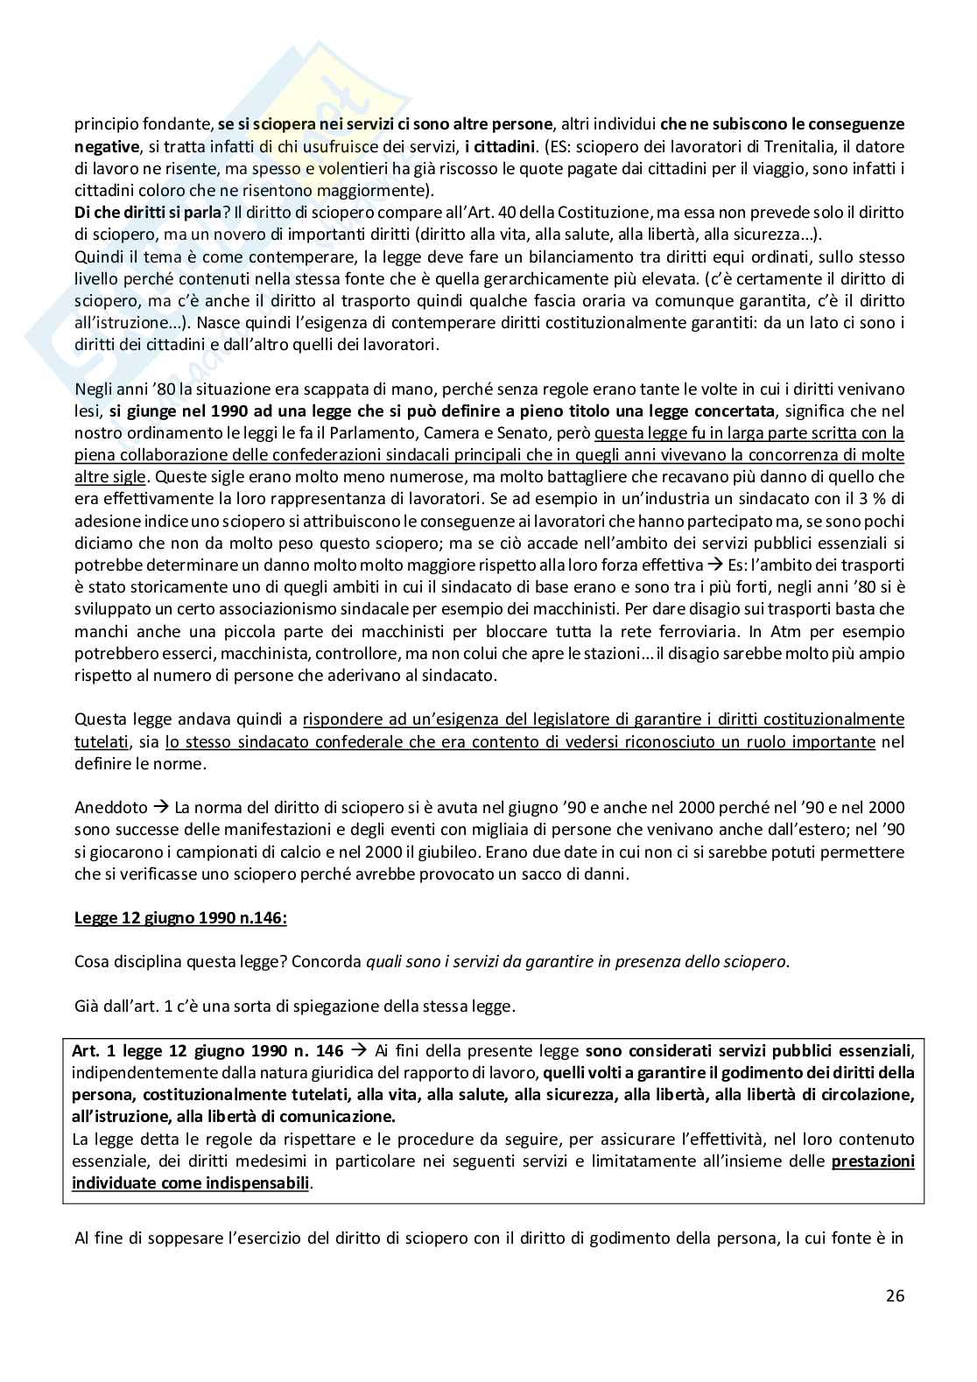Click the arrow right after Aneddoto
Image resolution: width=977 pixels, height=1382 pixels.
[x=162, y=808]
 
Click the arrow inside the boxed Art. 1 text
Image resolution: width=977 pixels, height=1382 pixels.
[x=358, y=1051]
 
